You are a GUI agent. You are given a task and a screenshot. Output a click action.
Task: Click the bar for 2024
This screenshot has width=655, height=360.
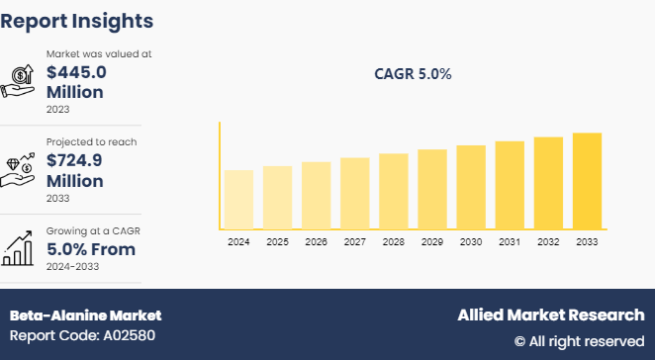coord(238,199)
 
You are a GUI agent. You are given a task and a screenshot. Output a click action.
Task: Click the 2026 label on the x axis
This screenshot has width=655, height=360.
coord(316,241)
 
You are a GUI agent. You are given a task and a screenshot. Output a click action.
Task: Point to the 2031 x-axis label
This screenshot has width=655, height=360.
coord(510,241)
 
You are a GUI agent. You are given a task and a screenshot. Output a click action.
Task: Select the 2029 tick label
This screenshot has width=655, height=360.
coord(432,241)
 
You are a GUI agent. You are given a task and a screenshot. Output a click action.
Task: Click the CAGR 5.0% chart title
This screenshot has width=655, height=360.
coord(413,74)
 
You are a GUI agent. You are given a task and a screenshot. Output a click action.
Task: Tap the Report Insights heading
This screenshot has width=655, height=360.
coord(77,20)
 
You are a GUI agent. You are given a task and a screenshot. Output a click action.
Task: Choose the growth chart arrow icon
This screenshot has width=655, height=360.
coord(21,248)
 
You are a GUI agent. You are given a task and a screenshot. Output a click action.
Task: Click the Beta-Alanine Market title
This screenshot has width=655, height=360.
coord(85,315)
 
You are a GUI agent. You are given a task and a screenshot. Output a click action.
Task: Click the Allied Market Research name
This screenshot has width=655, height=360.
coord(550,315)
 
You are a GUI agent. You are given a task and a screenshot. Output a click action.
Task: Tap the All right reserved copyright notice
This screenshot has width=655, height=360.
coord(579,341)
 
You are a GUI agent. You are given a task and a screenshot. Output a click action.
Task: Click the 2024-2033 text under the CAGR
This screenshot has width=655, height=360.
coord(74,266)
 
